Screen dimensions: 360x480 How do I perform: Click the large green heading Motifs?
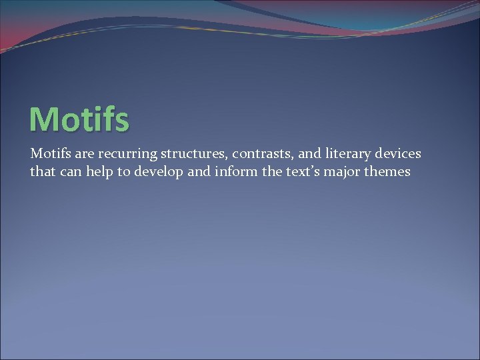pyautogui.click(x=79, y=119)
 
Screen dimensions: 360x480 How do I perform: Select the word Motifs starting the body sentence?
pyautogui.click(x=49, y=154)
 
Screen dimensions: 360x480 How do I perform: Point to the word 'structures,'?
pyautogui.click(x=190, y=154)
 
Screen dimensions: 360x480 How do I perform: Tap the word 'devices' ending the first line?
pyautogui.click(x=397, y=154)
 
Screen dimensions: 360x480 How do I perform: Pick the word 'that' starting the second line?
pyautogui.click(x=41, y=171)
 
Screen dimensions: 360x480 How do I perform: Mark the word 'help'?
pyautogui.click(x=97, y=171)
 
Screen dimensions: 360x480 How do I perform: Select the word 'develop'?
pyautogui.click(x=157, y=171)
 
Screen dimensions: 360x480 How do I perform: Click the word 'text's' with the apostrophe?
pyautogui.click(x=297, y=171)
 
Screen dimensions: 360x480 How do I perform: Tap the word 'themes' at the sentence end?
pyautogui.click(x=387, y=171)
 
